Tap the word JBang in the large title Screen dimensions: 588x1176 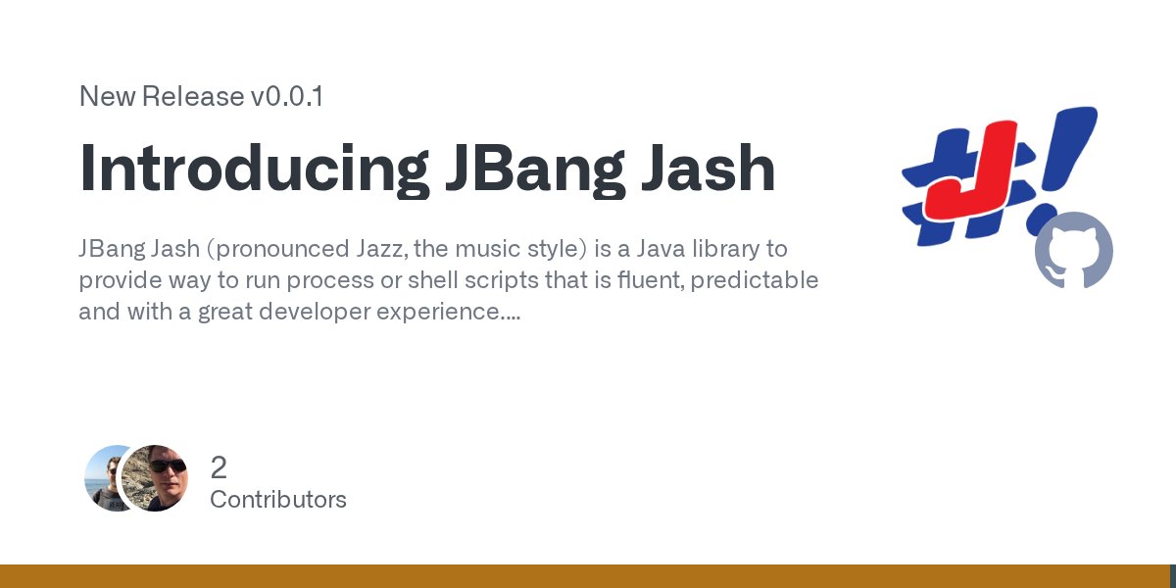click(x=530, y=169)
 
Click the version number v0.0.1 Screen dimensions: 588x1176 click(x=287, y=97)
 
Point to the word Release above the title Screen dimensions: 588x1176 click(x=194, y=97)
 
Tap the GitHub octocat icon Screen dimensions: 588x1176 click(x=1074, y=250)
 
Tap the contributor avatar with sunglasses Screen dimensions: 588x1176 click(x=156, y=478)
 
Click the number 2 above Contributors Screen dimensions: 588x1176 click(x=219, y=467)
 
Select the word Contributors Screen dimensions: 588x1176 click(x=278, y=500)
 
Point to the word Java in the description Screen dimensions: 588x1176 click(x=640, y=249)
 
